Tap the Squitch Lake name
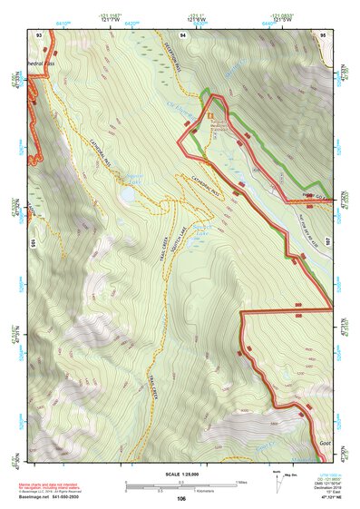[x=201, y=231]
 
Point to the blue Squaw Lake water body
[x=134, y=191]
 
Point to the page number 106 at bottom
[x=180, y=498]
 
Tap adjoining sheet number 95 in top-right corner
[x=324, y=34]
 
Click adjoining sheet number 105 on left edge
[x=32, y=243]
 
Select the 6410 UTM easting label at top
[x=62, y=18]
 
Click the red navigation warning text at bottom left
[x=44, y=487]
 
